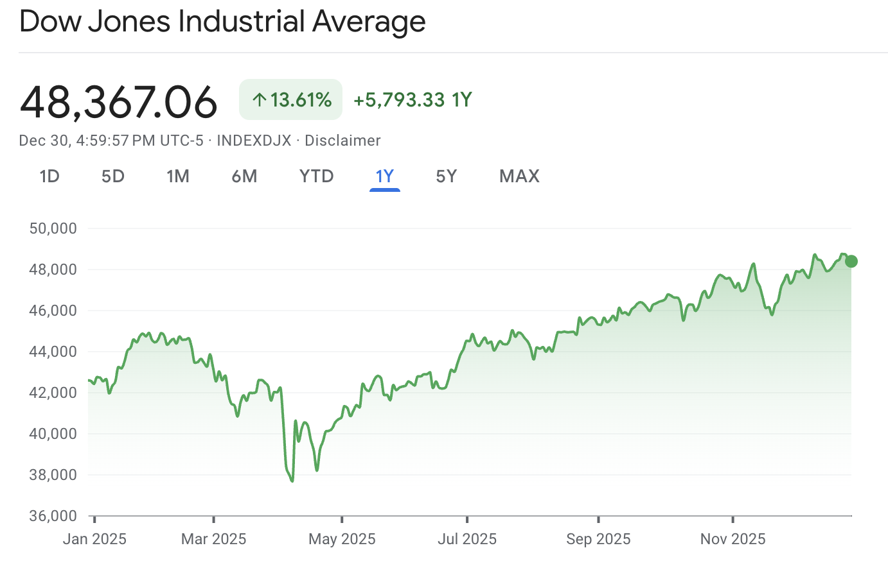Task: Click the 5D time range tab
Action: (113, 176)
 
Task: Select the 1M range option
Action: (178, 176)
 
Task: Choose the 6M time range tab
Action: (244, 176)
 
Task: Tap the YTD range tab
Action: (317, 176)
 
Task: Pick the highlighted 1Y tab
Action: (384, 176)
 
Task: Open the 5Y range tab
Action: (447, 176)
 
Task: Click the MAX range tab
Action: (519, 176)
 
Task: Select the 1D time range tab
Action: (49, 176)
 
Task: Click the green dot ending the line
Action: (851, 261)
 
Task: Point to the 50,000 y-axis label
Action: (53, 228)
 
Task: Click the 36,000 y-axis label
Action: (53, 516)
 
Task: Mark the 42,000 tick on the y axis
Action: (53, 393)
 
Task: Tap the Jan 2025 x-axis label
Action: (94, 539)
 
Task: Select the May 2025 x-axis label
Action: (342, 539)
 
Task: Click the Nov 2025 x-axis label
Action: (733, 539)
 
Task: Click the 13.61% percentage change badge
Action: (291, 100)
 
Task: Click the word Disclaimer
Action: (342, 141)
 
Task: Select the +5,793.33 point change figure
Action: (399, 100)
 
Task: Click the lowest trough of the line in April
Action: (292, 481)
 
